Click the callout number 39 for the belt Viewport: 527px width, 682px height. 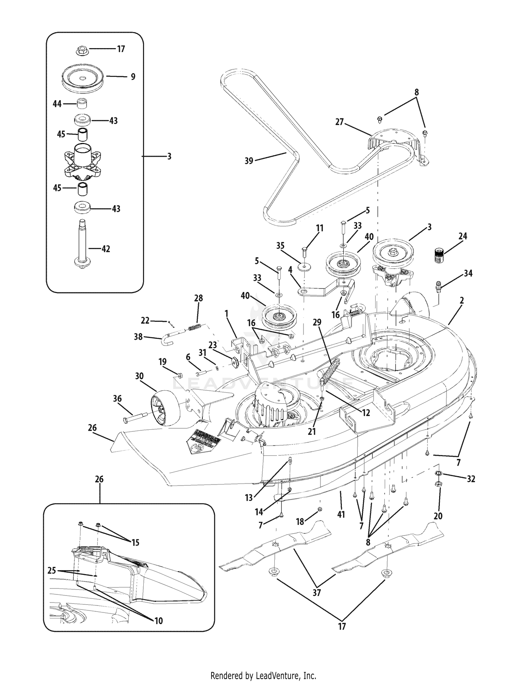(x=249, y=161)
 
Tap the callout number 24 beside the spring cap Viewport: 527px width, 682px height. (x=463, y=236)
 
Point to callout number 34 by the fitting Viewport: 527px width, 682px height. (x=468, y=273)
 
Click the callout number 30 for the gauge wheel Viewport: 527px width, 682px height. (x=139, y=376)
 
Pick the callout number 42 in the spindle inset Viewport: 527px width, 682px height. (x=105, y=249)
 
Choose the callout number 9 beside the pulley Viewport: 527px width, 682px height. (x=133, y=77)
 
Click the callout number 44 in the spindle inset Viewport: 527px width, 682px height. (x=57, y=104)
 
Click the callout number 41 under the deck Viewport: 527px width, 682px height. (x=341, y=514)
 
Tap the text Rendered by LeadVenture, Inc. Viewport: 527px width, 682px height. (x=263, y=666)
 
